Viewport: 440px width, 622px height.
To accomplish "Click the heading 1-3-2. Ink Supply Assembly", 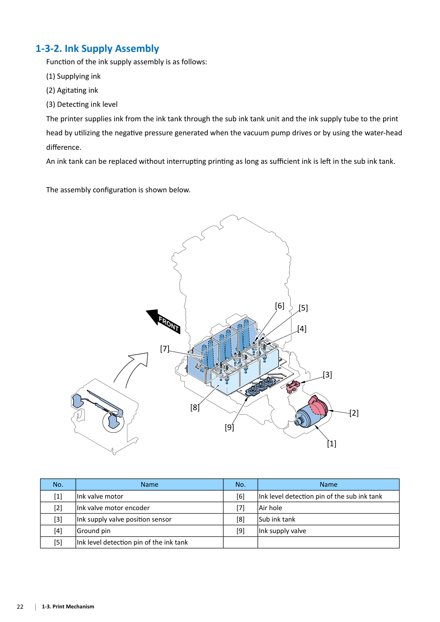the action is [97, 49].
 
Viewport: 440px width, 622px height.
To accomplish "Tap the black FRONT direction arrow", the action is [163, 321].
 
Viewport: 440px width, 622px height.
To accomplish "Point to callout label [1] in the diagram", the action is [331, 443].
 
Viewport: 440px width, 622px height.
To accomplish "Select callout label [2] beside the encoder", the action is [354, 413].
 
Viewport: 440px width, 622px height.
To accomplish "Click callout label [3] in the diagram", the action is [327, 374].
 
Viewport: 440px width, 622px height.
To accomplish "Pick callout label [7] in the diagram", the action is [165, 348].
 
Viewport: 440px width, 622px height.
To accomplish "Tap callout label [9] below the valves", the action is [229, 427].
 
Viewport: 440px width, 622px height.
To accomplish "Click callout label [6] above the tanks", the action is [280, 306].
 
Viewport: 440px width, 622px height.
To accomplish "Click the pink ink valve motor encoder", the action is [318, 405].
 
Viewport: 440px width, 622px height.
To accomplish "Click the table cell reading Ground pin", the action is [149, 531].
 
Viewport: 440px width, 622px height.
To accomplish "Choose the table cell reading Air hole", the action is [329, 508].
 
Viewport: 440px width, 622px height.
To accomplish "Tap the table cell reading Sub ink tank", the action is [329, 519].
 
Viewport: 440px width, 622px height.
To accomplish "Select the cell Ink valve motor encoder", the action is [149, 508].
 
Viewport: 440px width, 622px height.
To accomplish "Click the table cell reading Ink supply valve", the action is [329, 531].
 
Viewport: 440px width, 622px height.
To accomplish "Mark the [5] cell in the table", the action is [58, 542].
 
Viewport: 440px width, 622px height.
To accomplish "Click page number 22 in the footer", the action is [20, 607].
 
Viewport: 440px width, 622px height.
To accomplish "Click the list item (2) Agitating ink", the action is [72, 90].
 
